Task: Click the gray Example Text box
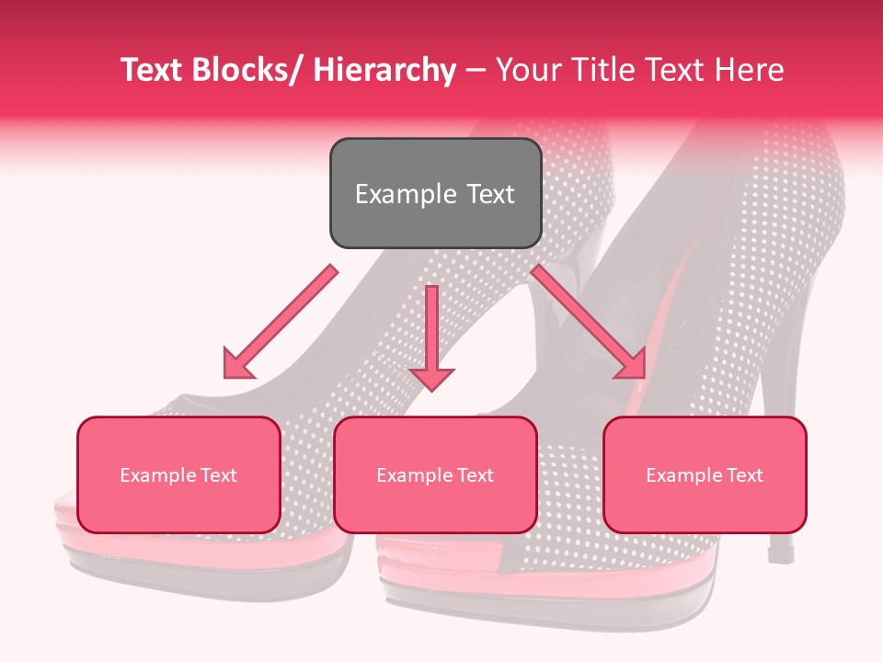435,193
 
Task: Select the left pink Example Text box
178,474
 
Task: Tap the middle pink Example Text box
435,474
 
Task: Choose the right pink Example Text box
705,474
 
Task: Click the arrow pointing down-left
281,322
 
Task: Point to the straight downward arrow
431,337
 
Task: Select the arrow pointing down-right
589,322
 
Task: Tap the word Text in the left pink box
217,475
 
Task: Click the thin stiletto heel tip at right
781,554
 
